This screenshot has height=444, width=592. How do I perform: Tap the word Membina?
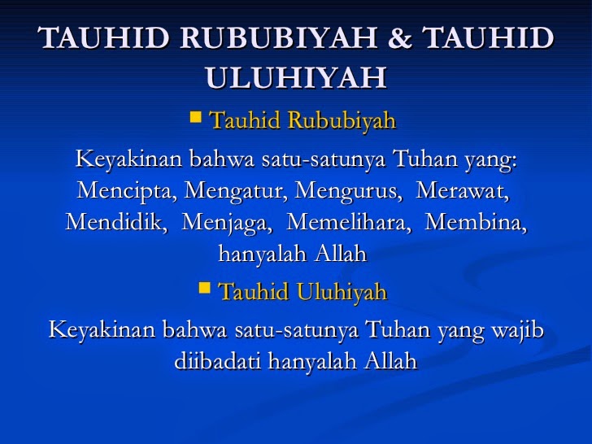tap(476, 222)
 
